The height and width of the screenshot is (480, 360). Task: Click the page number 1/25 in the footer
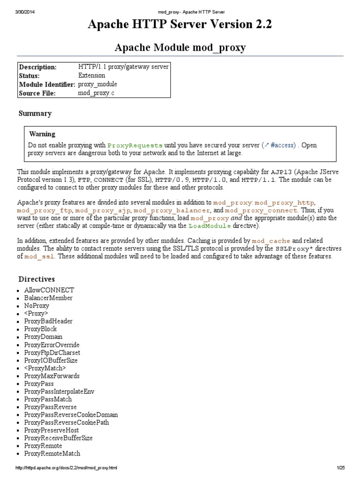click(x=340, y=468)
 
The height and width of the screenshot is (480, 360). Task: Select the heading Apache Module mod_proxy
click(x=180, y=47)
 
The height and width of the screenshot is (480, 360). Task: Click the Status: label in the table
click(x=29, y=75)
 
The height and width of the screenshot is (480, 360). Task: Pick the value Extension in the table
click(x=92, y=75)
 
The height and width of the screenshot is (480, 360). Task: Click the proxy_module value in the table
click(x=97, y=84)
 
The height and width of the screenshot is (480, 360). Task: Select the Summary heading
click(x=35, y=113)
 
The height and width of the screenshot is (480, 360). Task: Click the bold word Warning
click(x=42, y=135)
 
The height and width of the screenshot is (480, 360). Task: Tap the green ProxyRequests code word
click(x=135, y=145)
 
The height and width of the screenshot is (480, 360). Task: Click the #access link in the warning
click(x=279, y=145)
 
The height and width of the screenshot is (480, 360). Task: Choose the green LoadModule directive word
click(x=210, y=226)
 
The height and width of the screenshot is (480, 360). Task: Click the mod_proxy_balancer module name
click(x=172, y=211)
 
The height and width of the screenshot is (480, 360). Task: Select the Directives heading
click(x=37, y=279)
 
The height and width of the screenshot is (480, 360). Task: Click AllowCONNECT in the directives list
click(x=49, y=290)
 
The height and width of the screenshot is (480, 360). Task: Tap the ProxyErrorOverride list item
click(x=52, y=345)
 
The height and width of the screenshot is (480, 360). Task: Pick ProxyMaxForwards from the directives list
click(x=52, y=376)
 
